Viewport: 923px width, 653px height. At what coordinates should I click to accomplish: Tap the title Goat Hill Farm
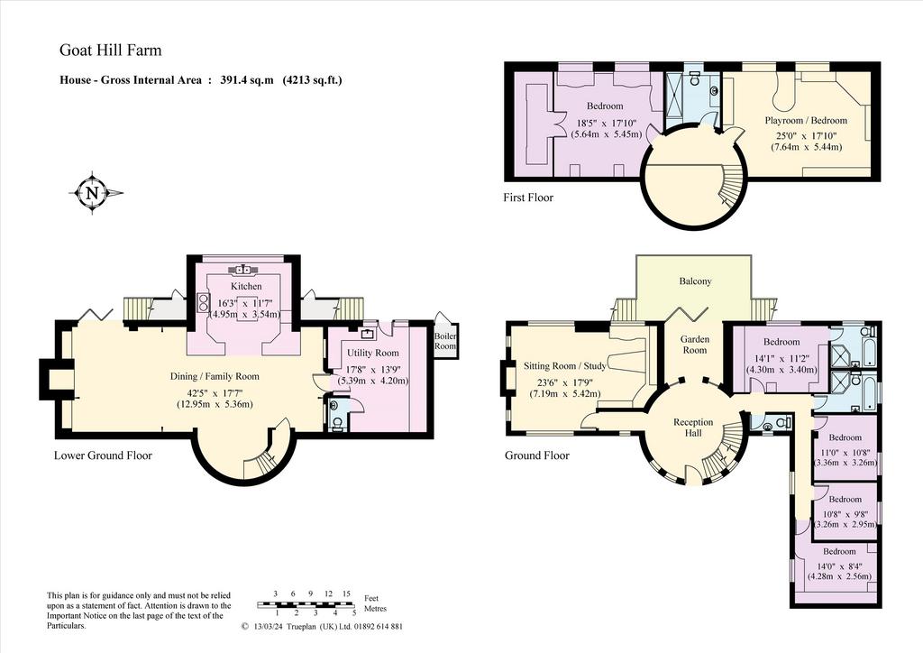111,50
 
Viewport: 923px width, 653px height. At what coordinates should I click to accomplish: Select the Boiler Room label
445,341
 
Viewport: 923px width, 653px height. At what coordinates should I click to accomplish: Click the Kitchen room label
246,286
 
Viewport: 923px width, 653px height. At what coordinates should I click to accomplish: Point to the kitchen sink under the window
242,269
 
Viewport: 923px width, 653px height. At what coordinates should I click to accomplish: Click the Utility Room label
372,353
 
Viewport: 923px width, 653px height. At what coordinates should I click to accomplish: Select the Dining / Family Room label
215,377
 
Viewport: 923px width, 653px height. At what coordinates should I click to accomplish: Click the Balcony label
695,281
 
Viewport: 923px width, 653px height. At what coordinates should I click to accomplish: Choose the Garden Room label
695,345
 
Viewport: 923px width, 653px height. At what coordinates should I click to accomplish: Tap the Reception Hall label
693,428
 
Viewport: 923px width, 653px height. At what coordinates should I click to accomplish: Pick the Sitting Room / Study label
565,365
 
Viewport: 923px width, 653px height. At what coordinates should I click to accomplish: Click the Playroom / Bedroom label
806,120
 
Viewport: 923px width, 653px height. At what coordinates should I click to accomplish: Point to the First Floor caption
528,198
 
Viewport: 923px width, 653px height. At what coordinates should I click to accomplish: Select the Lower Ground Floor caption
103,455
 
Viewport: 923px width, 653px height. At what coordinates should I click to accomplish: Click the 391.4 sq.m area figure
247,80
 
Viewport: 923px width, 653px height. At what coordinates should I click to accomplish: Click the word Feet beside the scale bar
372,598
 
